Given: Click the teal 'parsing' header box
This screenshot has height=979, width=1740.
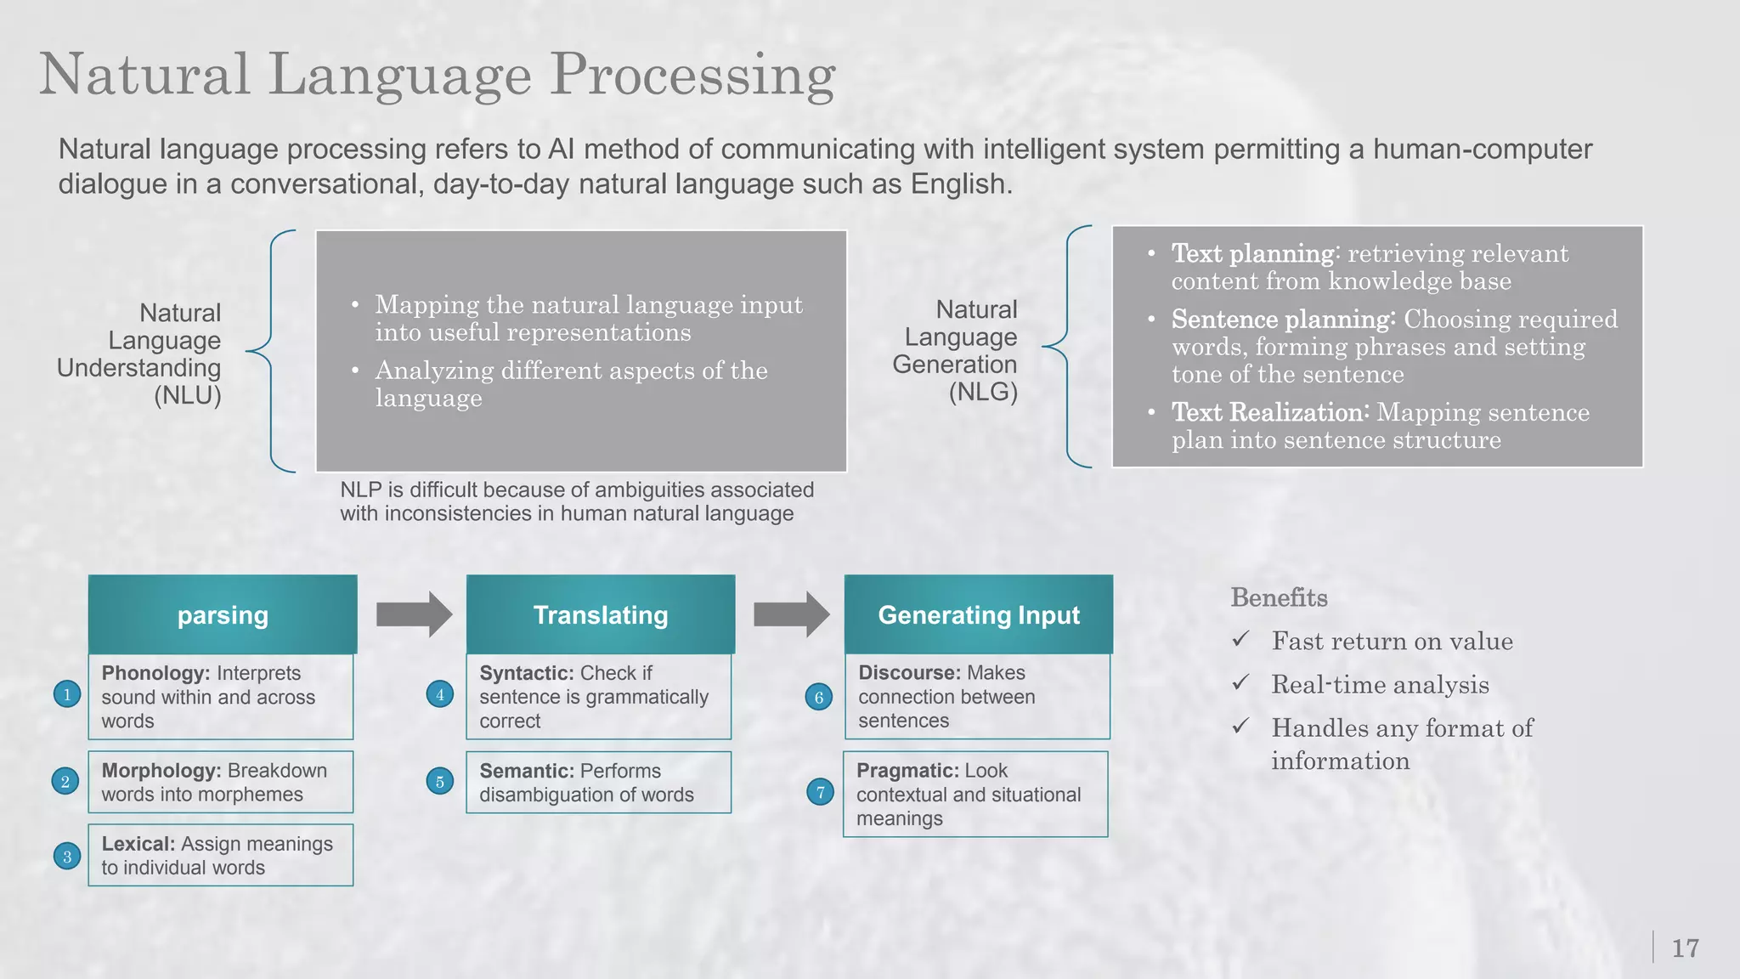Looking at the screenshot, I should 223,614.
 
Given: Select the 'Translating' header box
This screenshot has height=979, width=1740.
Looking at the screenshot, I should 601,614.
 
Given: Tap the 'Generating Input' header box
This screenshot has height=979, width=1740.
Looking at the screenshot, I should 979,614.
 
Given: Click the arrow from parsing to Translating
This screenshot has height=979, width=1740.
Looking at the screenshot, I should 414,614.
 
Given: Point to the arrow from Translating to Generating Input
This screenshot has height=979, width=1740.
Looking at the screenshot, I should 791,614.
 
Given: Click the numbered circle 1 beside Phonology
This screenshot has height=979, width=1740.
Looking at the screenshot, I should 67,694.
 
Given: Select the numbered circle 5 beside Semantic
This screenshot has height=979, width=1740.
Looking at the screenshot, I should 439,782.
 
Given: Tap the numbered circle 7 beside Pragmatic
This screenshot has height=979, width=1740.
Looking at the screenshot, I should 820,793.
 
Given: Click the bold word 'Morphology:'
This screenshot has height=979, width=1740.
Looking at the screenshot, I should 161,771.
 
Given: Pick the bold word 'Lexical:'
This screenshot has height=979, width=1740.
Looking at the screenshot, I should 138,844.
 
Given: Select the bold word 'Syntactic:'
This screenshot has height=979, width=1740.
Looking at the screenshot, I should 526,673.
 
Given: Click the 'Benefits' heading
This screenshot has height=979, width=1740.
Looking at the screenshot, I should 1279,597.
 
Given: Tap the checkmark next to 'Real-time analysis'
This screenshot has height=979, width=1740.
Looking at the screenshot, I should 1241,682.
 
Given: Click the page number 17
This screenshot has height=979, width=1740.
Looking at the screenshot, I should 1685,948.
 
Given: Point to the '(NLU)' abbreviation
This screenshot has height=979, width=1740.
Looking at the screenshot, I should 188,396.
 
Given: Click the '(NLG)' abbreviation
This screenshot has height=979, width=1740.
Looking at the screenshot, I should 983,392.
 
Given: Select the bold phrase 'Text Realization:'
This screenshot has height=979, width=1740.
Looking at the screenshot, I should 1270,413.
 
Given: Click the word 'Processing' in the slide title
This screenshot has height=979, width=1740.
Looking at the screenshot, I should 692,75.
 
